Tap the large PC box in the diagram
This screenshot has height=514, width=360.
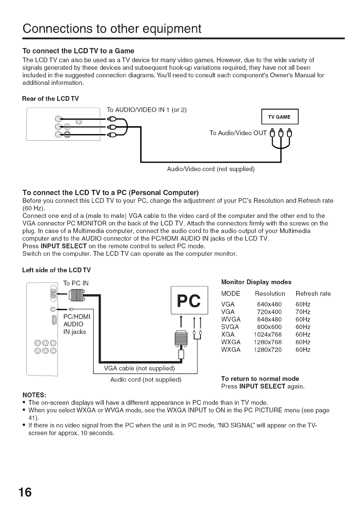[189, 300]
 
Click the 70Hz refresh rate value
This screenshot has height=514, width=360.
[303, 312]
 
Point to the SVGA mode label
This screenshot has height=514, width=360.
[231, 327]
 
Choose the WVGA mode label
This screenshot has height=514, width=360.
[231, 319]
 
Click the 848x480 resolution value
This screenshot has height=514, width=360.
[269, 319]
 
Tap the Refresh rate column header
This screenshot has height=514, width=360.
[313, 293]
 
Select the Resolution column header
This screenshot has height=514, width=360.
[270, 293]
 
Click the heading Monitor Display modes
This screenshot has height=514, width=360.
[256, 282]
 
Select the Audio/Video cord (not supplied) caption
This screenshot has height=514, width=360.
[211, 169]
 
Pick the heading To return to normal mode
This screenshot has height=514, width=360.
[260, 379]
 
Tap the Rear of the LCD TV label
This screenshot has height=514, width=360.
[51, 99]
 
